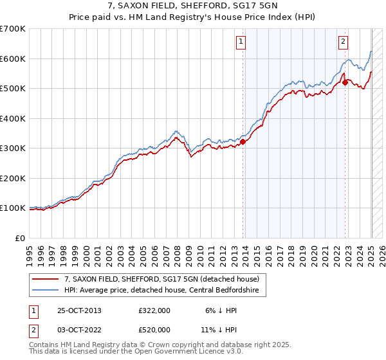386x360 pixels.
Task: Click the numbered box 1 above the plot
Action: tap(241, 42)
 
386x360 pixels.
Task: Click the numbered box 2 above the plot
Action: tap(343, 42)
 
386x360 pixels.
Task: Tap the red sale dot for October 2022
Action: tap(345, 82)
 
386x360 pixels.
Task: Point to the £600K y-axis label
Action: tap(12, 59)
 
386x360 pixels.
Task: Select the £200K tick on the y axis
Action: tap(12, 178)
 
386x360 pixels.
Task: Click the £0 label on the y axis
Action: tap(20, 238)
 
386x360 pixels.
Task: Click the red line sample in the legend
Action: tap(46, 279)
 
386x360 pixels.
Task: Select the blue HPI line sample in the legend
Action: tap(46, 290)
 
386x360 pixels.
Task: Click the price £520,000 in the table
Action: tap(154, 330)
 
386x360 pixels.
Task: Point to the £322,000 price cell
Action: tap(154, 310)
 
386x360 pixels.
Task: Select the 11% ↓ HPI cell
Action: tap(222, 330)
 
